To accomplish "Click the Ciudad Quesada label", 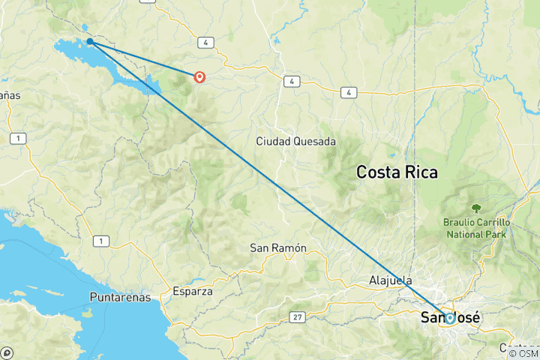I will pyautogui.click(x=295, y=141).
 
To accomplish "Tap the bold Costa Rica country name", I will pyautogui.click(x=397, y=172).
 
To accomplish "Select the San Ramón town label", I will pyautogui.click(x=278, y=248).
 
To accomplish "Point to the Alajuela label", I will pyautogui.click(x=391, y=280).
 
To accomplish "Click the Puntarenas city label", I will pyautogui.click(x=120, y=297).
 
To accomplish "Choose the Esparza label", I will pyautogui.click(x=193, y=291).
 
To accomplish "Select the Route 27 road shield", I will pyautogui.click(x=298, y=318).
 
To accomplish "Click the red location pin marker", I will pyautogui.click(x=199, y=76).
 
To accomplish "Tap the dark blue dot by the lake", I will pyautogui.click(x=89, y=41).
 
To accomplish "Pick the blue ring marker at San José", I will pyautogui.click(x=449, y=318).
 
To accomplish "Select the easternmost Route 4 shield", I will pyautogui.click(x=348, y=92).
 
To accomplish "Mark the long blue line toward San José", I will pyautogui.click(x=270, y=180).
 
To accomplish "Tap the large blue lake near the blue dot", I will pyautogui.click(x=71, y=52).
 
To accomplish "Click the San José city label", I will pyautogui.click(x=450, y=318).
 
